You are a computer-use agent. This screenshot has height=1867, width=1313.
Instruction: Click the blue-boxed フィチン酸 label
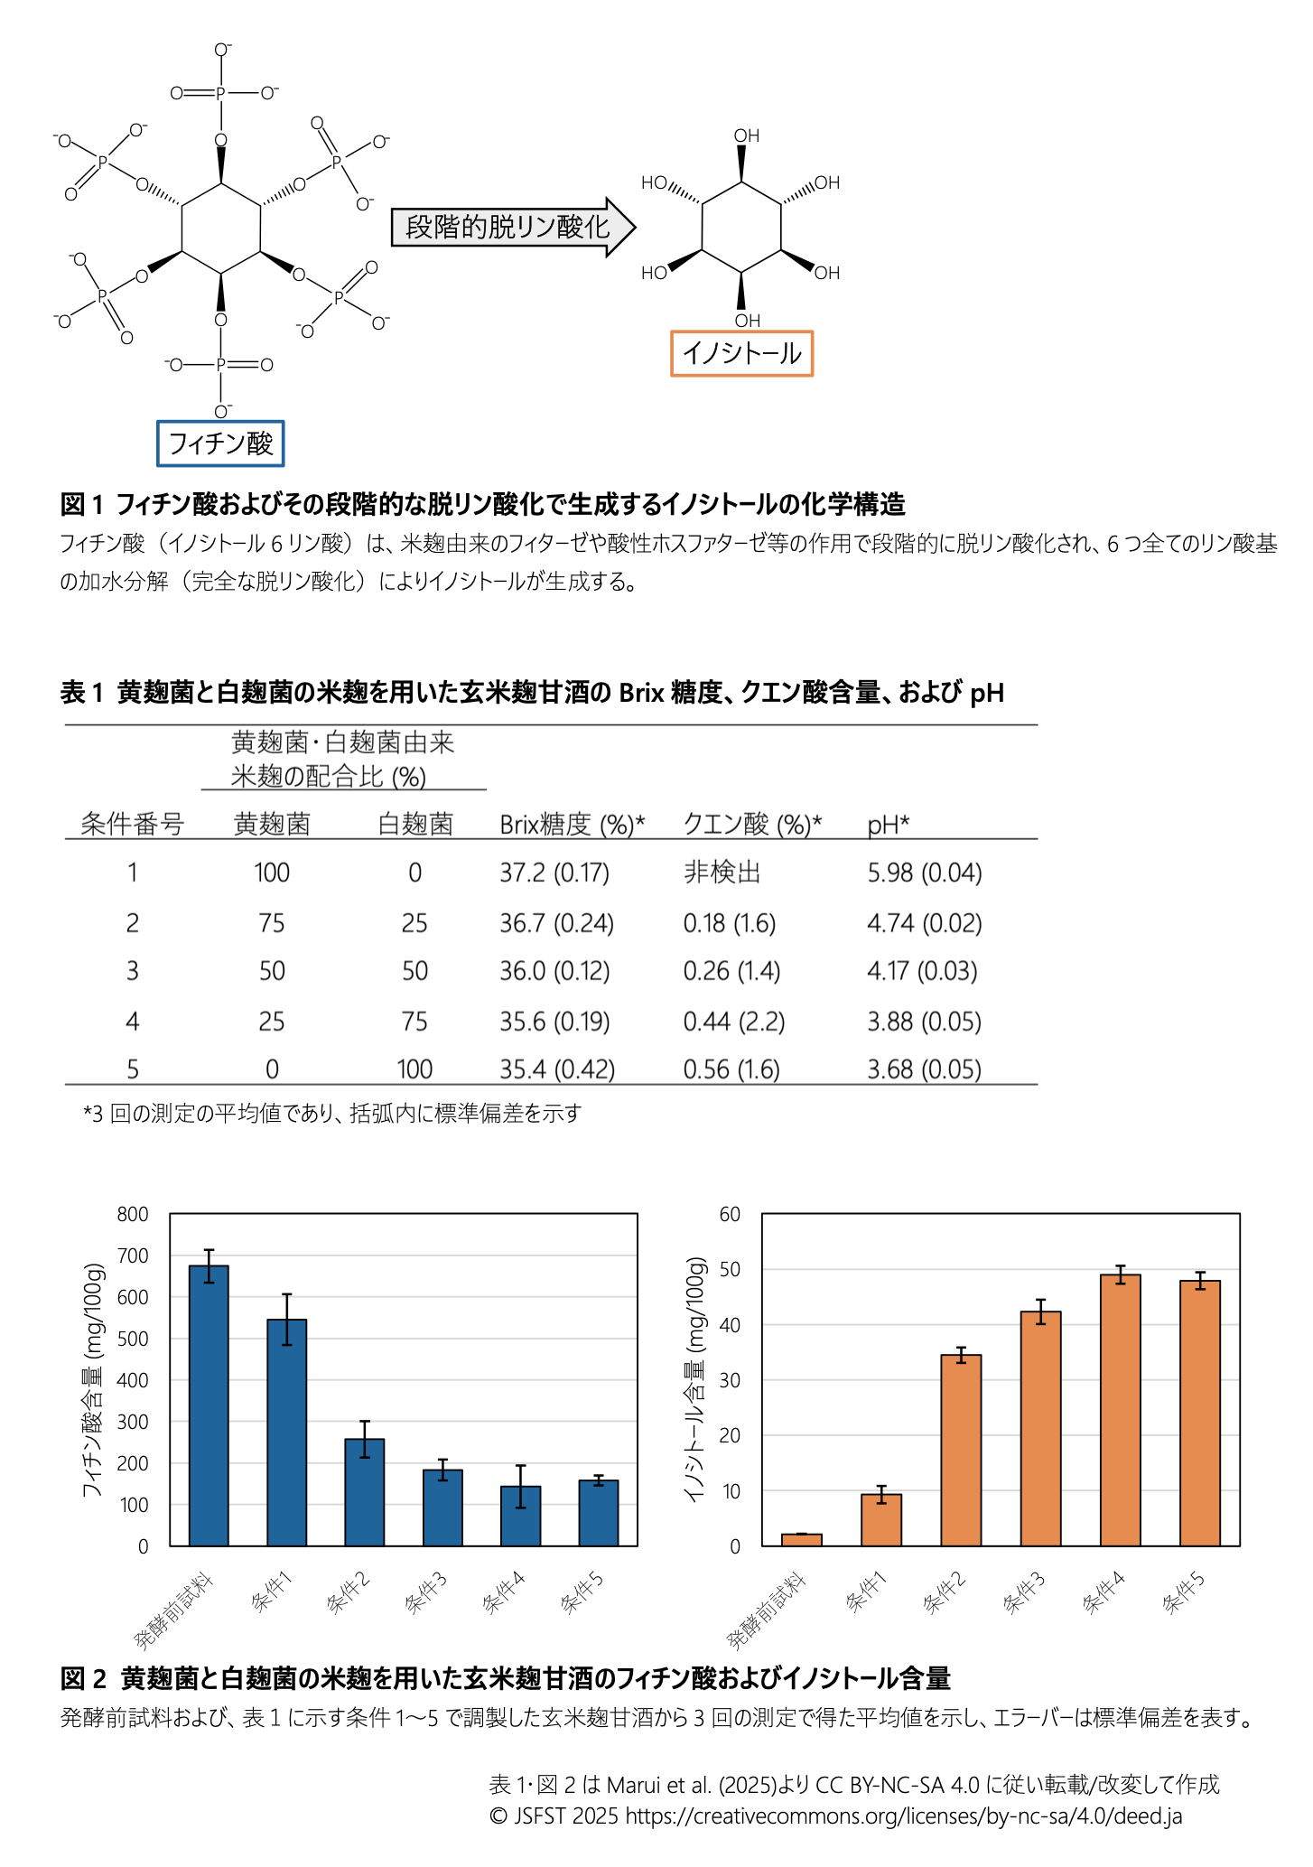pos(220,443)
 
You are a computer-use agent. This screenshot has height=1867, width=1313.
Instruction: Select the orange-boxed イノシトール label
pos(741,353)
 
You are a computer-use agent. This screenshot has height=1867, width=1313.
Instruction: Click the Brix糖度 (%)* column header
pos(572,824)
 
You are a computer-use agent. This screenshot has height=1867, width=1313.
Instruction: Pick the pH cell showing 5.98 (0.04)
pos(924,873)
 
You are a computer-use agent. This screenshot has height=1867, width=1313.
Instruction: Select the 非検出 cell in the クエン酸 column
pos(722,873)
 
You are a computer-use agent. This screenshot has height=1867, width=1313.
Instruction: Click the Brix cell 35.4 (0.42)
pos(557,1069)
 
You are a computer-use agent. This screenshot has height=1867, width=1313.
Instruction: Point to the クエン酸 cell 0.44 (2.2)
pos(733,1022)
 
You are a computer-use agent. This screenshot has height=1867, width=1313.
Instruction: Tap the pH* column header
pos(888,824)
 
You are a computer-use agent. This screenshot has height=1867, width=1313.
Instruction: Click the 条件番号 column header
pos(132,824)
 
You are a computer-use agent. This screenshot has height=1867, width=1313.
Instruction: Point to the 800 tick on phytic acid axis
pos(133,1214)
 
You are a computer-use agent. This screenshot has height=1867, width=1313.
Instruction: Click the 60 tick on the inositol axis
pos(730,1214)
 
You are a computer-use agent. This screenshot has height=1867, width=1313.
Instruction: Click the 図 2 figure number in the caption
pos(83,1678)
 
